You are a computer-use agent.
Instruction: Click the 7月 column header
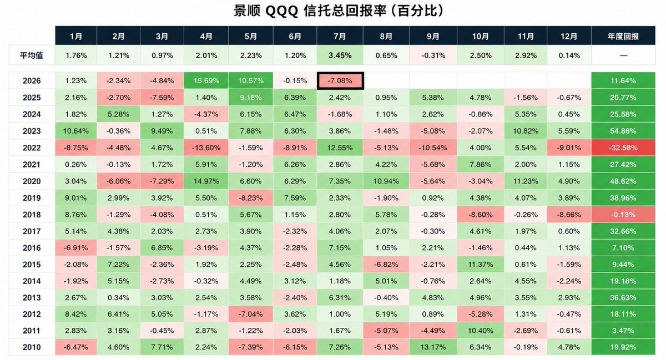(x=340, y=36)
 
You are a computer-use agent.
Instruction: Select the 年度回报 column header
(x=623, y=36)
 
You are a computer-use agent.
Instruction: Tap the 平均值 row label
(x=32, y=55)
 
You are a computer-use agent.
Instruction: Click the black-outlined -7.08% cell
(x=340, y=80)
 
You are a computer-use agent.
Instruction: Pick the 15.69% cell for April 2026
(x=206, y=80)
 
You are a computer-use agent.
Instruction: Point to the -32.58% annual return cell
(x=623, y=148)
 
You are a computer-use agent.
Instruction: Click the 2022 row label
(x=32, y=148)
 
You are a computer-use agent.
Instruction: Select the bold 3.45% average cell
(x=340, y=55)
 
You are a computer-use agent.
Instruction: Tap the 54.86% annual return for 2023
(x=623, y=131)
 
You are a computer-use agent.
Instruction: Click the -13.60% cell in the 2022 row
(x=206, y=148)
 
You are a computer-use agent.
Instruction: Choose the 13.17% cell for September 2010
(x=433, y=347)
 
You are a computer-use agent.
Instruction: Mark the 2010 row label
(x=32, y=347)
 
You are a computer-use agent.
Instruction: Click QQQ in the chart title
(x=281, y=12)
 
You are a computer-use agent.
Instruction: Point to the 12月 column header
(x=569, y=36)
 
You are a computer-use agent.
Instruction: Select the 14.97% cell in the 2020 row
(x=206, y=181)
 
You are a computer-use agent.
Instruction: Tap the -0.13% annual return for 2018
(x=623, y=215)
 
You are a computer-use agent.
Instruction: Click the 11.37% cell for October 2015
(x=480, y=264)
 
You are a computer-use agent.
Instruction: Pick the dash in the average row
(x=623, y=55)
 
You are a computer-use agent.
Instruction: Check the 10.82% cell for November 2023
(x=526, y=131)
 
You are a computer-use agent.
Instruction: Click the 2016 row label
(x=32, y=247)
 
